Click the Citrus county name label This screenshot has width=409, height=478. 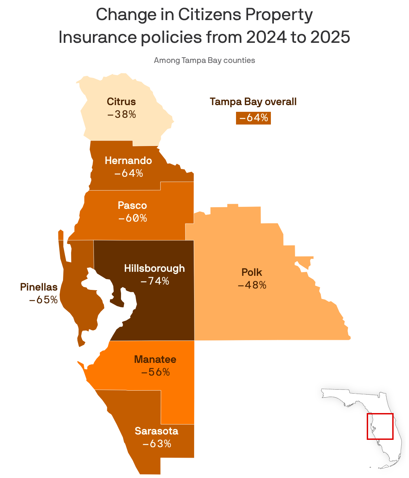[x=121, y=101]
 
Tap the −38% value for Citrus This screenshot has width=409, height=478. [x=122, y=114]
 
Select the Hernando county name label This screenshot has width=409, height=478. [x=128, y=161]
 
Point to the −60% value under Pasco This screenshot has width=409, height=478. [x=133, y=218]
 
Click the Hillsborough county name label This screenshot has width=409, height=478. [x=154, y=268]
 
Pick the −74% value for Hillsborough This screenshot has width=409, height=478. [x=155, y=281]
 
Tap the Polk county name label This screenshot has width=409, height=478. [x=252, y=272]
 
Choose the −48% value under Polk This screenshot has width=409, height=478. [x=252, y=285]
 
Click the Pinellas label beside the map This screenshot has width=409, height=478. [x=39, y=287]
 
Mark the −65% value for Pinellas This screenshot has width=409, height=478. [x=44, y=300]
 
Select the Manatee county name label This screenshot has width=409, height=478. [x=155, y=360]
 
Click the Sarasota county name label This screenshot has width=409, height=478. [x=157, y=431]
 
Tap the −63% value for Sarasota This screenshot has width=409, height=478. [x=157, y=444]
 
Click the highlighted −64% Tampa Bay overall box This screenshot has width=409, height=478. [x=253, y=118]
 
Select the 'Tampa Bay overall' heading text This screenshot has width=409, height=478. [x=253, y=102]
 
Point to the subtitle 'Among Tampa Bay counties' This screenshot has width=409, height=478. [x=204, y=61]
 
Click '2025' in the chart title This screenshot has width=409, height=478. [x=330, y=37]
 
